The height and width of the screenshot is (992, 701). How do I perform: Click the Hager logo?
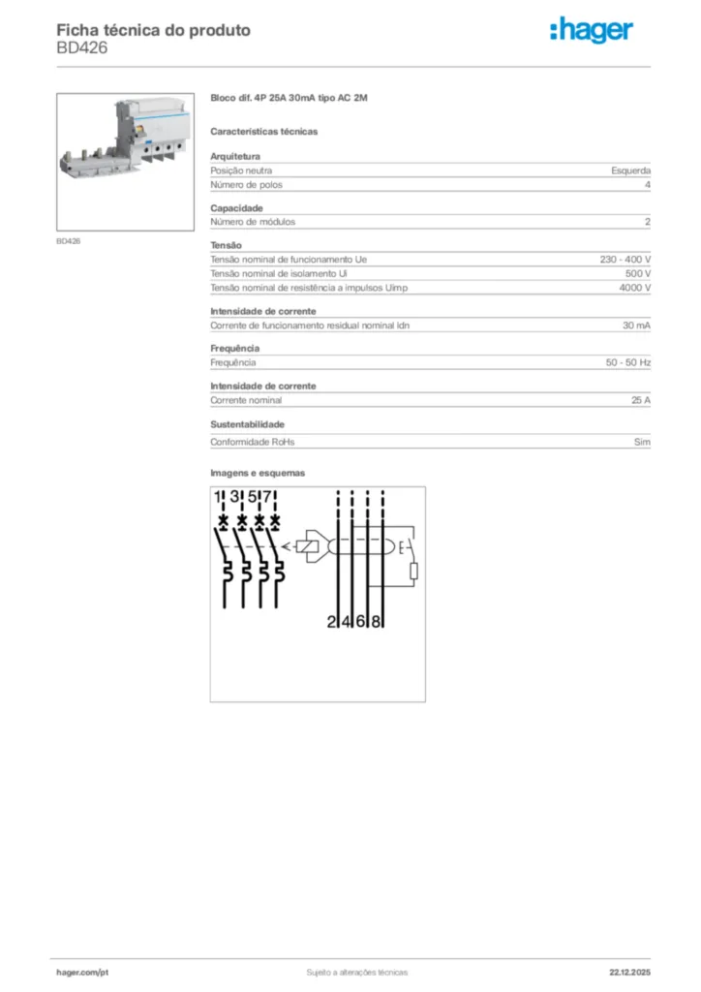592,31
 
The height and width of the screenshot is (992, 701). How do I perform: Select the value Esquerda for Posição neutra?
630,170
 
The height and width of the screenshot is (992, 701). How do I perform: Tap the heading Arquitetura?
234,156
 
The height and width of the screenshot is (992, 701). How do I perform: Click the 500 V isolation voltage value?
637,274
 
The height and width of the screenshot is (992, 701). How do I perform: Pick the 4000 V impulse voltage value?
634,288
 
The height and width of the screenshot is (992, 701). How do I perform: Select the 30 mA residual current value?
636,325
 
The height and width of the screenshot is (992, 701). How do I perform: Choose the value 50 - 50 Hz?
627,362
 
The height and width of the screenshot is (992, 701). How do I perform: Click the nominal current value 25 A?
640,400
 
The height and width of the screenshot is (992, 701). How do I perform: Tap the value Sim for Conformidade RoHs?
642,442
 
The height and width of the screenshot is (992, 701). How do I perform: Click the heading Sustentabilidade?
247,424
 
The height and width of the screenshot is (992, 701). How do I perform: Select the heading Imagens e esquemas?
258,473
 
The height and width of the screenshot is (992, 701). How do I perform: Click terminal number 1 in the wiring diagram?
219,497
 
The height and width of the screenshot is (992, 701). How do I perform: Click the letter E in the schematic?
402,548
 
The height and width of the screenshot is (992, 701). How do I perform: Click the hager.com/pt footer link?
81,972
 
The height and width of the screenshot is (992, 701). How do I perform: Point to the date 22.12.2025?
629,972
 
